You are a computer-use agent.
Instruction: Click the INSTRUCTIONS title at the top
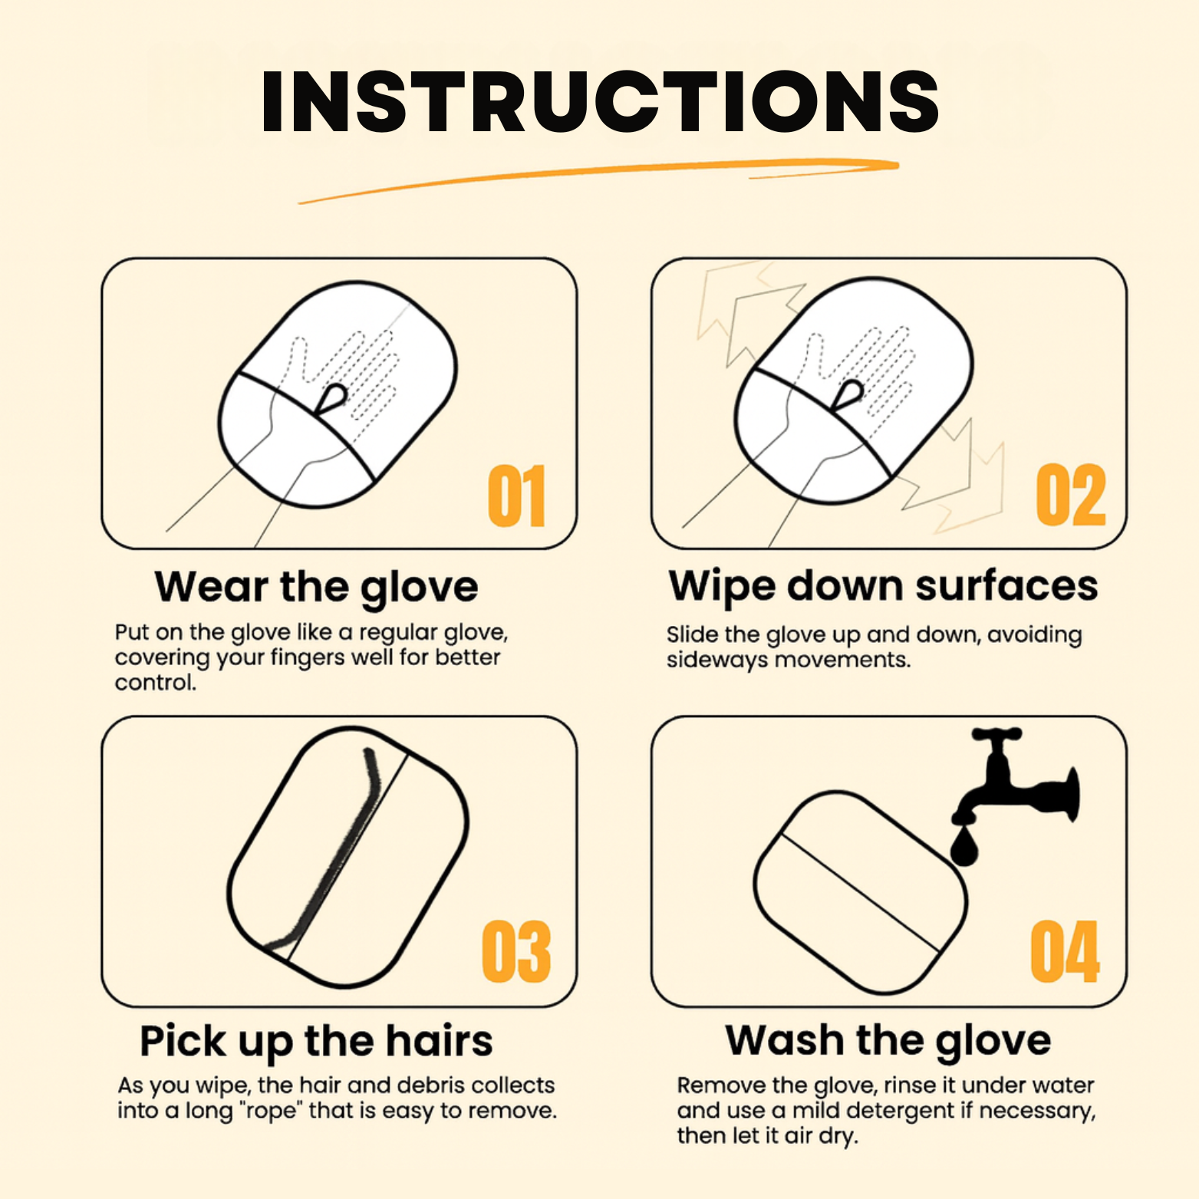600,102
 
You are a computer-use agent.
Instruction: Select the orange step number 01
516,496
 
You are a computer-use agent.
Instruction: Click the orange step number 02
1070,496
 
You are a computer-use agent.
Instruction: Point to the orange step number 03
516,952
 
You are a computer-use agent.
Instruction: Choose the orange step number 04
1065,952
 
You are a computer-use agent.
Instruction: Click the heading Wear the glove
316,588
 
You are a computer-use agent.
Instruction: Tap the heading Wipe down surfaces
883,586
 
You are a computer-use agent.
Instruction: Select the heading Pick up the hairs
316,1042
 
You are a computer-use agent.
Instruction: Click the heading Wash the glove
888,1041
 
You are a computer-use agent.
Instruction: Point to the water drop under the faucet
963,847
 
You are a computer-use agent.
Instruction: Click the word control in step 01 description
154,683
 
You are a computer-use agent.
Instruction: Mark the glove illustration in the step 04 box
859,894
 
